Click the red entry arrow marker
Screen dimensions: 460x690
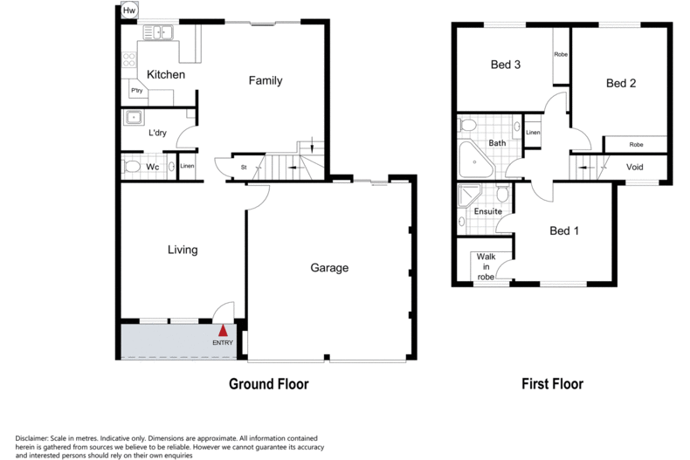point(224,331)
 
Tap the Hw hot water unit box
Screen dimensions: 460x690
point(129,10)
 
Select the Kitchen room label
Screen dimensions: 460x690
point(165,75)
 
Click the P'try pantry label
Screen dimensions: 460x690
point(136,91)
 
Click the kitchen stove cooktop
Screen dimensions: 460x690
point(129,60)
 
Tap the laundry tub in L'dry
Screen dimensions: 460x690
point(135,118)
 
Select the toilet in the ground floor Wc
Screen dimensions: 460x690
point(132,166)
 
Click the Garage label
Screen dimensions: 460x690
point(329,268)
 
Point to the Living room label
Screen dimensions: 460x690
point(183,251)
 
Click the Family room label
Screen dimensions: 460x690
point(266,81)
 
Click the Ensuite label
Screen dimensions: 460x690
point(487,211)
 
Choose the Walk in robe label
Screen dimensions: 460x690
point(485,267)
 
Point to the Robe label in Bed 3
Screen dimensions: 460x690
point(560,54)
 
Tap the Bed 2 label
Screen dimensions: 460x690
point(620,84)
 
